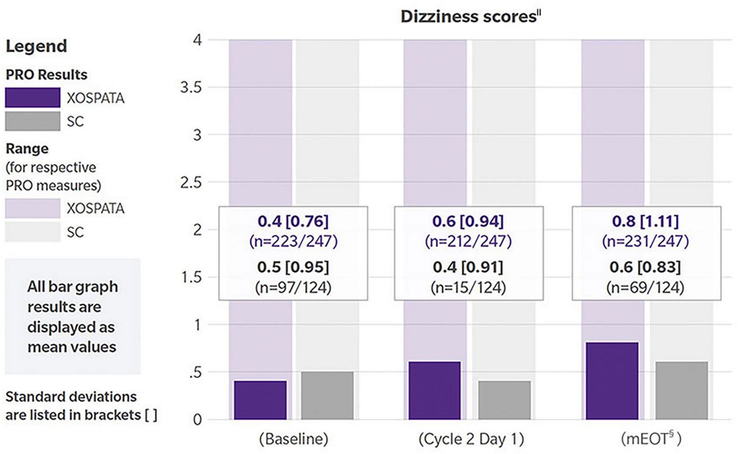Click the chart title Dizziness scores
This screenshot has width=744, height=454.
pos(471,16)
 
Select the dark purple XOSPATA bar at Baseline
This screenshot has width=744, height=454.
pos(260,400)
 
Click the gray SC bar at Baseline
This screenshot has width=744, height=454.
pos(327,395)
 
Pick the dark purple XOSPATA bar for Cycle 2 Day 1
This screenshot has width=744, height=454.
pos(435,390)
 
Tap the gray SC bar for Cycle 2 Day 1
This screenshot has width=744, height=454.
pos(504,400)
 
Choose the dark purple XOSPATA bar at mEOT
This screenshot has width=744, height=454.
pos(613,381)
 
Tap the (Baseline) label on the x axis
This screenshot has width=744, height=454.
pos(294,438)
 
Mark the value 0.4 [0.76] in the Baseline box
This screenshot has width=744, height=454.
pos(294,222)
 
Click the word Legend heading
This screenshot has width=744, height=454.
pos(36,46)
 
